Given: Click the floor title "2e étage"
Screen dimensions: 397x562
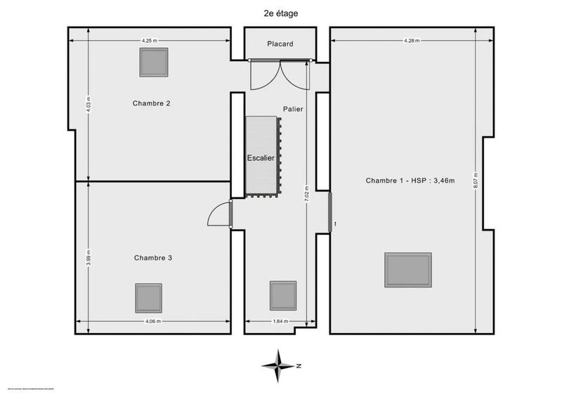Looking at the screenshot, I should coord(280,12).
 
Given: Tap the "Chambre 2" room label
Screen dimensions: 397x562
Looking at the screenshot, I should coord(152,103).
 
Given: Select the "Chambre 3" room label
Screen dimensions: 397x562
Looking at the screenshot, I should coord(153,258).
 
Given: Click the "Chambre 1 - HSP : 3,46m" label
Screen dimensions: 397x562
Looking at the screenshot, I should coord(410,181).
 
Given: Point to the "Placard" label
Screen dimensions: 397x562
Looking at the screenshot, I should coord(280,44).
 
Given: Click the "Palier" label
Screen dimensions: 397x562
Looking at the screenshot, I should coord(293,109).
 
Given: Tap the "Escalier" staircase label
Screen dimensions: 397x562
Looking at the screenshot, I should coord(260,158).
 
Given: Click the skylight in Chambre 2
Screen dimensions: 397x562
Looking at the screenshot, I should coord(153,63).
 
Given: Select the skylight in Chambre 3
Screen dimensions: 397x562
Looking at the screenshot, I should coord(148,298).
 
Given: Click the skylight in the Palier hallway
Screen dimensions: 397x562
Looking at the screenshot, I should coord(283,296).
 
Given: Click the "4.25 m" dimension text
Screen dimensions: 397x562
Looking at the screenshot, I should coord(149,41).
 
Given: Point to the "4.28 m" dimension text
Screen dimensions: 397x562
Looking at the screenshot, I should coord(412,41).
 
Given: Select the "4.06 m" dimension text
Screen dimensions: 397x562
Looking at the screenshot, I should coord(153,322).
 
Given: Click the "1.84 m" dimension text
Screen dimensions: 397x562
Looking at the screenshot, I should coord(280,322).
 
